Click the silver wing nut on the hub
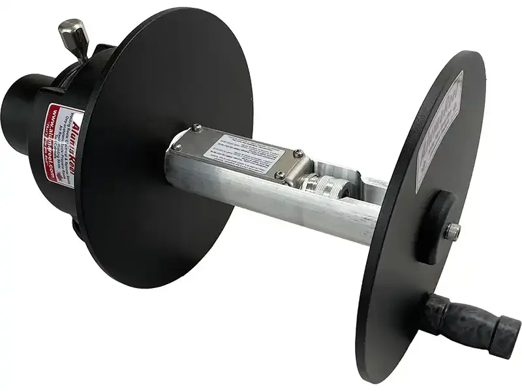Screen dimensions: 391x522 (71, 32)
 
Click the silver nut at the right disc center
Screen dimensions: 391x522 (452, 229)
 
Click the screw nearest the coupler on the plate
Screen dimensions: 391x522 (281, 175)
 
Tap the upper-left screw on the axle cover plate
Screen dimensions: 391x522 (196, 128)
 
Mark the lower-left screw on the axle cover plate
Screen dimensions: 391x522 (177, 147)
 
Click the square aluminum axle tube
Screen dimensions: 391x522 (274, 209)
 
